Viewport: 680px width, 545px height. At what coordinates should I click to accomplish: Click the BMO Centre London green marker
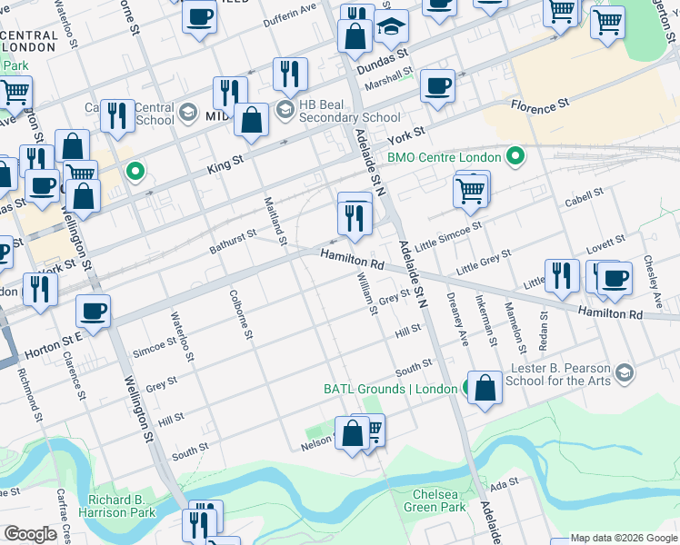516,157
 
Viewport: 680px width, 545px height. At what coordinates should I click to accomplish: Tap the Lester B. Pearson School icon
624,372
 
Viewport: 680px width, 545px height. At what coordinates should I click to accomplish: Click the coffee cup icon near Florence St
437,86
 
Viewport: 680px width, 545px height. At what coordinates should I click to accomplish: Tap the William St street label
366,293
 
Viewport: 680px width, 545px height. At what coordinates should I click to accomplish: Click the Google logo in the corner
30,534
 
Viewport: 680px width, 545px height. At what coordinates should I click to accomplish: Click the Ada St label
504,483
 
